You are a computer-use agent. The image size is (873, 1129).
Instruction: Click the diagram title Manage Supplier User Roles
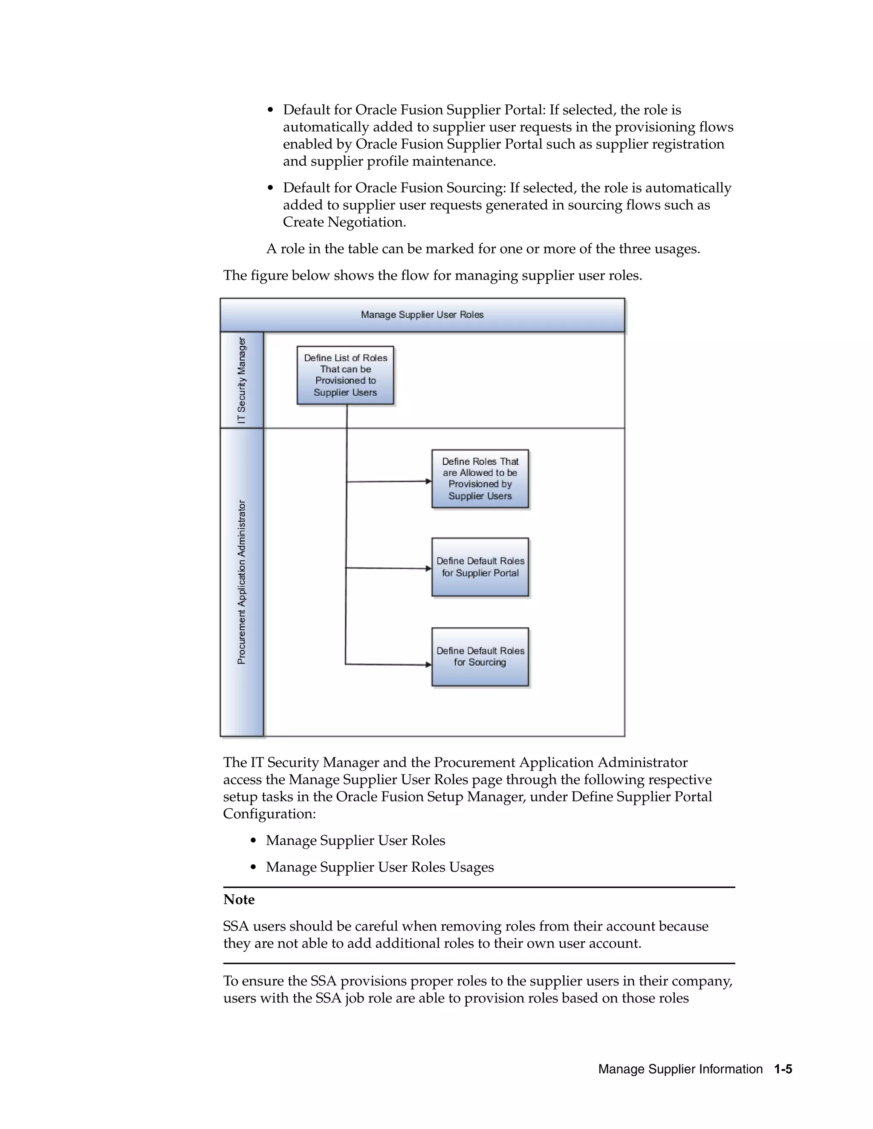(422, 314)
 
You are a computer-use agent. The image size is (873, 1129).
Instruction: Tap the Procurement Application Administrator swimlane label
(242, 582)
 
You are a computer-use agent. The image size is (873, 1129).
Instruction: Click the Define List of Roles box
(345, 375)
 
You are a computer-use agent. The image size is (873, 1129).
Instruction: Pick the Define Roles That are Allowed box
(480, 479)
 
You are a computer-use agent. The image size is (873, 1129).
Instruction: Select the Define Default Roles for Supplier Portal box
(480, 567)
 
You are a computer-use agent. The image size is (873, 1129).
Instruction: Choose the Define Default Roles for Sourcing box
(480, 657)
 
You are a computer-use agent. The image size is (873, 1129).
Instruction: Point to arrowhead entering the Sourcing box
(428, 665)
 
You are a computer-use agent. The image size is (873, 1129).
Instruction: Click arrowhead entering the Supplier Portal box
(428, 569)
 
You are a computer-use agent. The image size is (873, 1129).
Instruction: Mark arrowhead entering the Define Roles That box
(428, 481)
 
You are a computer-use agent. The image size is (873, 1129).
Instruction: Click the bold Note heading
(239, 899)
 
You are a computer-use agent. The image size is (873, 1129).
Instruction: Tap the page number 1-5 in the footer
(783, 1069)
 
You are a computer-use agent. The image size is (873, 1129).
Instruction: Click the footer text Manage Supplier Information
(680, 1069)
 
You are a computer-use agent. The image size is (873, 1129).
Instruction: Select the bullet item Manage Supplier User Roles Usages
(380, 867)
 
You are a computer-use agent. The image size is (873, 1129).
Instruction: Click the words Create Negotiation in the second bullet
(344, 222)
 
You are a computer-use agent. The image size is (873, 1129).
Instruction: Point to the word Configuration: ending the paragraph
(269, 814)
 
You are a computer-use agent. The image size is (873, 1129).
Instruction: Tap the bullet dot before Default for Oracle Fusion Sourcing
(270, 188)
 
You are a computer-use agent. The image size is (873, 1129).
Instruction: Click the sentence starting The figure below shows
(432, 276)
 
